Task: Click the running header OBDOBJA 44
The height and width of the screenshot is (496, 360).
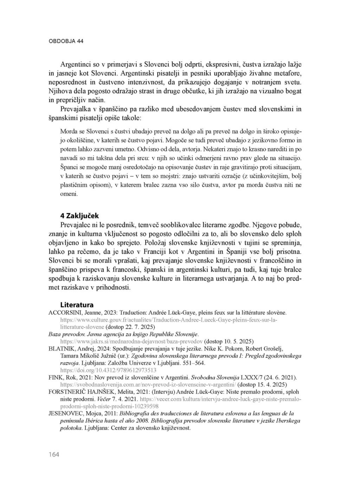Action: click(66, 41)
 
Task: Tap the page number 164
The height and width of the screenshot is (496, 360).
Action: click(54, 455)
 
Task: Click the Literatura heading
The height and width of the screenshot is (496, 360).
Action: click(77, 305)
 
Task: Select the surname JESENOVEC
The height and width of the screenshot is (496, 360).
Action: click(66, 413)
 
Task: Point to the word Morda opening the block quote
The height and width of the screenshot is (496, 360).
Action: click(69, 131)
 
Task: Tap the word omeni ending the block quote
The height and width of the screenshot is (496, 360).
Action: click(69, 194)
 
